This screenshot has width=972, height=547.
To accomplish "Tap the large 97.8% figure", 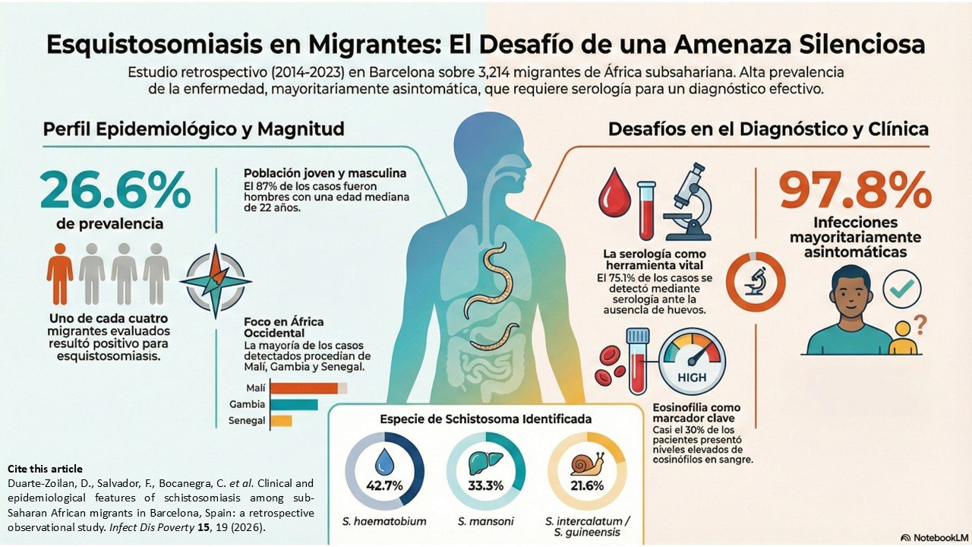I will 855,190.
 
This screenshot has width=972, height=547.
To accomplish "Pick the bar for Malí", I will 304,388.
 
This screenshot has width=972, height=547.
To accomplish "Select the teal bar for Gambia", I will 294,404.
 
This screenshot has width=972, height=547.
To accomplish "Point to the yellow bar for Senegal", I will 281,421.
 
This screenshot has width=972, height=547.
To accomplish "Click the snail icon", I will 586,463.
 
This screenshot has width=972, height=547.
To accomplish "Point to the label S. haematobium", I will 385,521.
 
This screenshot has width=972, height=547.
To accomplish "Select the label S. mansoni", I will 486,521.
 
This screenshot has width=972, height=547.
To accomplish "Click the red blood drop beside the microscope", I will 614,193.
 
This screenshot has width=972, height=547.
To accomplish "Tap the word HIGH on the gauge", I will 692,377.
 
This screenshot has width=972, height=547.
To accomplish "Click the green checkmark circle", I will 902,289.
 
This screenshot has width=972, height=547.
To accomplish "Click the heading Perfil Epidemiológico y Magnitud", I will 193,129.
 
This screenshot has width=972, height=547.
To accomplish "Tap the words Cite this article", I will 45,469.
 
